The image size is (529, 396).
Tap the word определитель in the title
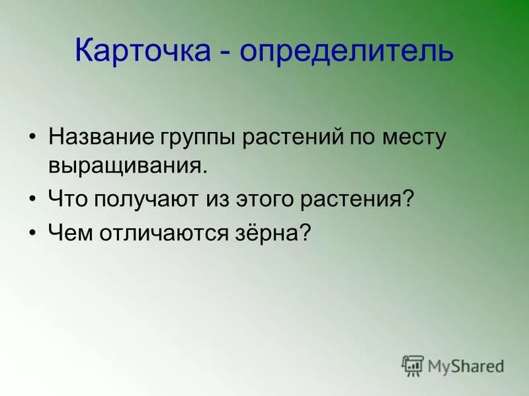[x=346, y=51]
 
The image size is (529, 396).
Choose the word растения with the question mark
[x=356, y=199]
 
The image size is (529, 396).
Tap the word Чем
[x=70, y=232]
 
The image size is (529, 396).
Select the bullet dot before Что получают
[x=33, y=198]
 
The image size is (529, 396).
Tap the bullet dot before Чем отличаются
[x=33, y=233]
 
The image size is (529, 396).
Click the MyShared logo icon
[x=413, y=365]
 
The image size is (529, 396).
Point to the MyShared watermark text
[x=466, y=366]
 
